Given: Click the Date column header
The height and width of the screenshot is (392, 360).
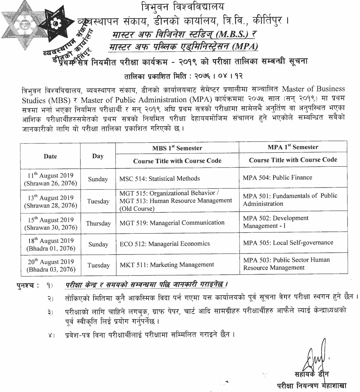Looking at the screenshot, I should point(50,156).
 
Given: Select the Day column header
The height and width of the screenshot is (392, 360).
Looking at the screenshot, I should point(98,156).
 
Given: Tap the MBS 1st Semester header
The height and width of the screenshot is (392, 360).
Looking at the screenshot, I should point(177,148).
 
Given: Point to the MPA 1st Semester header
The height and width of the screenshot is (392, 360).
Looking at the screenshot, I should point(293,147).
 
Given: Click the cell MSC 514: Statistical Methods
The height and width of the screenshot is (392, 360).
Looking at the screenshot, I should point(159,178).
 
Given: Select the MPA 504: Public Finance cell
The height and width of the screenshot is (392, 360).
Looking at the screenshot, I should point(277,177).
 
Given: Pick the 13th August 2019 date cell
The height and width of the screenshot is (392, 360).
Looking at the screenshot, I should point(50,201).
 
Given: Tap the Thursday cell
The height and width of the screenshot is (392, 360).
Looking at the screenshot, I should point(98,223).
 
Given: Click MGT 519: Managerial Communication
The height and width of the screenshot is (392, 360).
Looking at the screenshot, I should point(172,223).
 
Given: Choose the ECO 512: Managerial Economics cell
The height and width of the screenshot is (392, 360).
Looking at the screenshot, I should point(165,244).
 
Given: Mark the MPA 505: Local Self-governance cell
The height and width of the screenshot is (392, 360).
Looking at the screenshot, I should point(288,242).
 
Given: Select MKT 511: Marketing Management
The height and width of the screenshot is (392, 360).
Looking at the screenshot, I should point(167,265).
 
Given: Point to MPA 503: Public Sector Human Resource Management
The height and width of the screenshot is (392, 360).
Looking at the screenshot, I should point(286,264).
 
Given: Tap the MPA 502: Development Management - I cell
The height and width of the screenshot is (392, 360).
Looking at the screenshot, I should point(276,222).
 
